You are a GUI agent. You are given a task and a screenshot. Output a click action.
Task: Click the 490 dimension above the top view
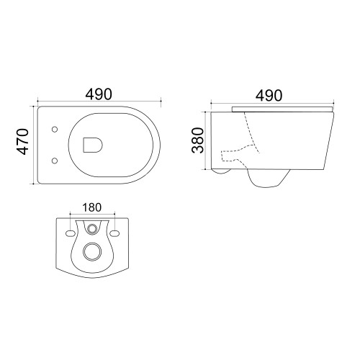click(99, 94)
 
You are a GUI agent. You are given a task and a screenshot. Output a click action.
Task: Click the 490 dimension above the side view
click(269, 96)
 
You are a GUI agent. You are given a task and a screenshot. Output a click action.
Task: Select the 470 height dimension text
click(22, 142)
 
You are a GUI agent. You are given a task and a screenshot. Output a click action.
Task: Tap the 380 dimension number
click(197, 140)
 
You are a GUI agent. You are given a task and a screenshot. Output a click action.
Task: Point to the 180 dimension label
click(92, 207)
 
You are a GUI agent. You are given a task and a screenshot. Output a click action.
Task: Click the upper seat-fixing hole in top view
click(55, 130)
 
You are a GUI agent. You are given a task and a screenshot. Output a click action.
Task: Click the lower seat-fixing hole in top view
click(55, 161)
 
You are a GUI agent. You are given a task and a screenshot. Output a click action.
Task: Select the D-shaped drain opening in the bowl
click(93, 145)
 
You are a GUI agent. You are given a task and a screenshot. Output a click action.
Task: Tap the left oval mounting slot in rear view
click(70, 233)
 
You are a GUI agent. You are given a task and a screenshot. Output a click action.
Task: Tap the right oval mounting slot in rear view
click(114, 233)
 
